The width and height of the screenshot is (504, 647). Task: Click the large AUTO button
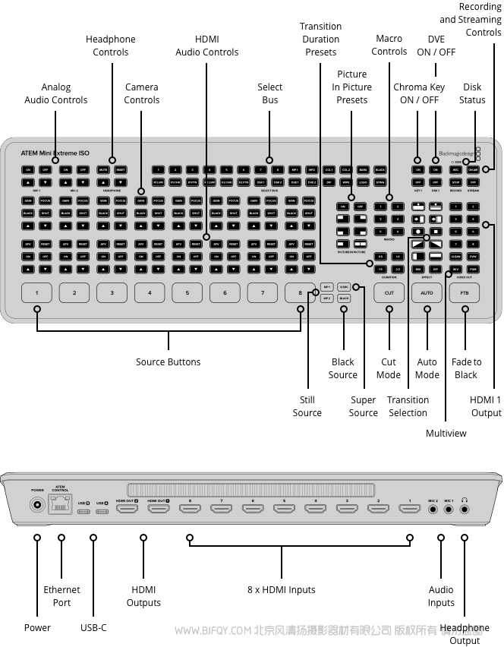click(x=427, y=292)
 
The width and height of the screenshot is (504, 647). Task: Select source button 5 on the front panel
click(x=187, y=292)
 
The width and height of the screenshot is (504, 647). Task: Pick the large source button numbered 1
click(x=36, y=292)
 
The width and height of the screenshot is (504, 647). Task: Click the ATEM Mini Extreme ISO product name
click(x=55, y=153)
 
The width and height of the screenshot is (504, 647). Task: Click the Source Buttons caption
click(x=168, y=362)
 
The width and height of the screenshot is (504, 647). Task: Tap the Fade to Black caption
click(x=466, y=368)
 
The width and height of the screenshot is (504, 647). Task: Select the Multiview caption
click(x=446, y=433)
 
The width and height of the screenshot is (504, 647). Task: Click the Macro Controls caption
click(x=389, y=45)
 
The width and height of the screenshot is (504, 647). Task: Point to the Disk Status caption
click(x=472, y=93)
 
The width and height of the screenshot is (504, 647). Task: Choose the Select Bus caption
click(x=269, y=93)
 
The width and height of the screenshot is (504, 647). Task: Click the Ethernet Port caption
click(x=61, y=596)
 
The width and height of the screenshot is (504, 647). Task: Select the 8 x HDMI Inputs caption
click(x=281, y=590)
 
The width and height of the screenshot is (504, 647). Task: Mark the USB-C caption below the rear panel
click(x=93, y=628)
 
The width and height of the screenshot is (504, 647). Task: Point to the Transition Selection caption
click(x=408, y=406)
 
